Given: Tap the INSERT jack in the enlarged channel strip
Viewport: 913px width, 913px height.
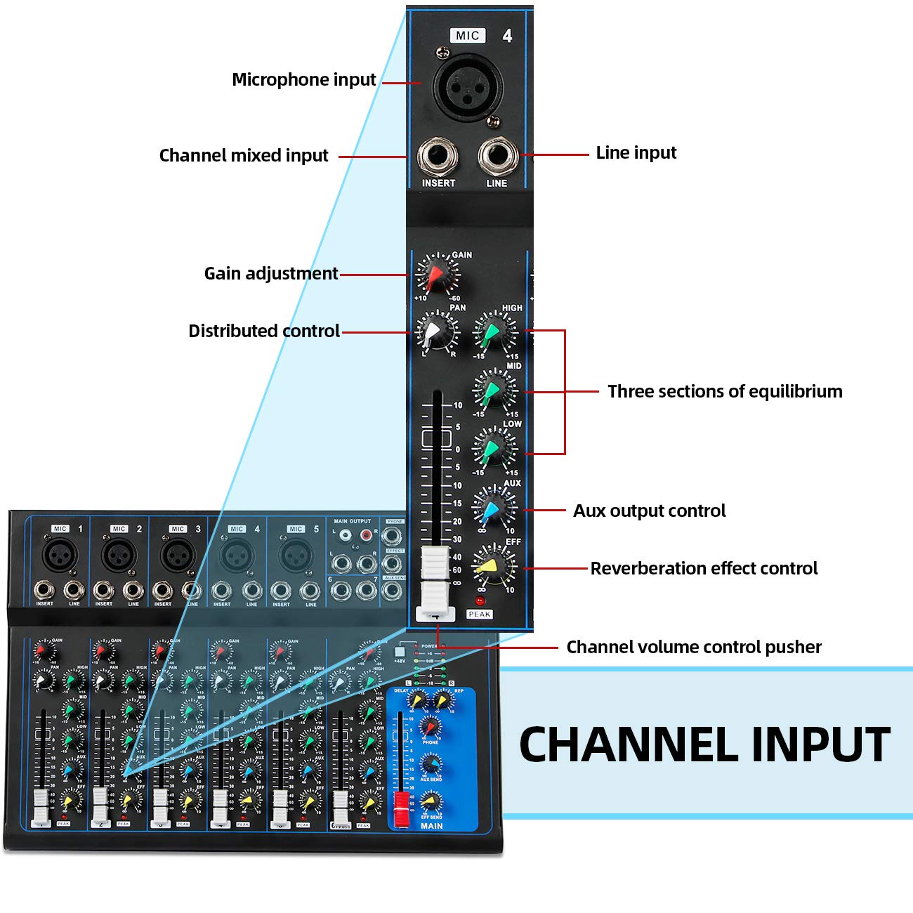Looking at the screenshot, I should [438, 156].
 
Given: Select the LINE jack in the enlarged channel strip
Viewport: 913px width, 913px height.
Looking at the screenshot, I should [497, 156].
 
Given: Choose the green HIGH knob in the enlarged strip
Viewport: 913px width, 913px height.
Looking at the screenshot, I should [494, 331].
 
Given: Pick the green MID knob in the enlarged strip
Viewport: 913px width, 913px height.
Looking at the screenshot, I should [494, 390].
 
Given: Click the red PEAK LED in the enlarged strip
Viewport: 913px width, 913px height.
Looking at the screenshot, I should [480, 601].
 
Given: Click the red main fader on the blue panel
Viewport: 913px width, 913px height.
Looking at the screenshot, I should [401, 808].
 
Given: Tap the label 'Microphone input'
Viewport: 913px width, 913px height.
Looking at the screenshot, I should [303, 79].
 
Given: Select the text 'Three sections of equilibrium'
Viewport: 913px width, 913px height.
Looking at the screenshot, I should [725, 391].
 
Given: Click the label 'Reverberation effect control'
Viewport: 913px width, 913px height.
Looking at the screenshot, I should [704, 568].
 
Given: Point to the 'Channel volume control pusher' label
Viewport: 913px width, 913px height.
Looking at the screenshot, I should [694, 647].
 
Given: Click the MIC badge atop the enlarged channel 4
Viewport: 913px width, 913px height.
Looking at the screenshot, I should [468, 35].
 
